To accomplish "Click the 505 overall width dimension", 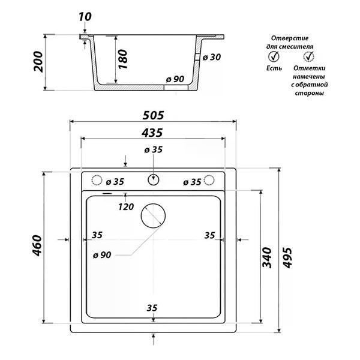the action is coord(153,115).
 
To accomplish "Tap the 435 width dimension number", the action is coord(152,133).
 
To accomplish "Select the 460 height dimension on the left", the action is coord(37,245).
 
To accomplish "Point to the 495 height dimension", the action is coord(287,257).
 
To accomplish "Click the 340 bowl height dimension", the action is coord(267,257).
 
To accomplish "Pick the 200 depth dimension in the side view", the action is coord(38,62).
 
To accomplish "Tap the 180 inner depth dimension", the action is coord(122,59).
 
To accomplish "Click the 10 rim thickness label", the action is coord(85,17).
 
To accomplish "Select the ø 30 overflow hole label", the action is coord(212,57).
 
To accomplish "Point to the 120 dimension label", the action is coord(126,207).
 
